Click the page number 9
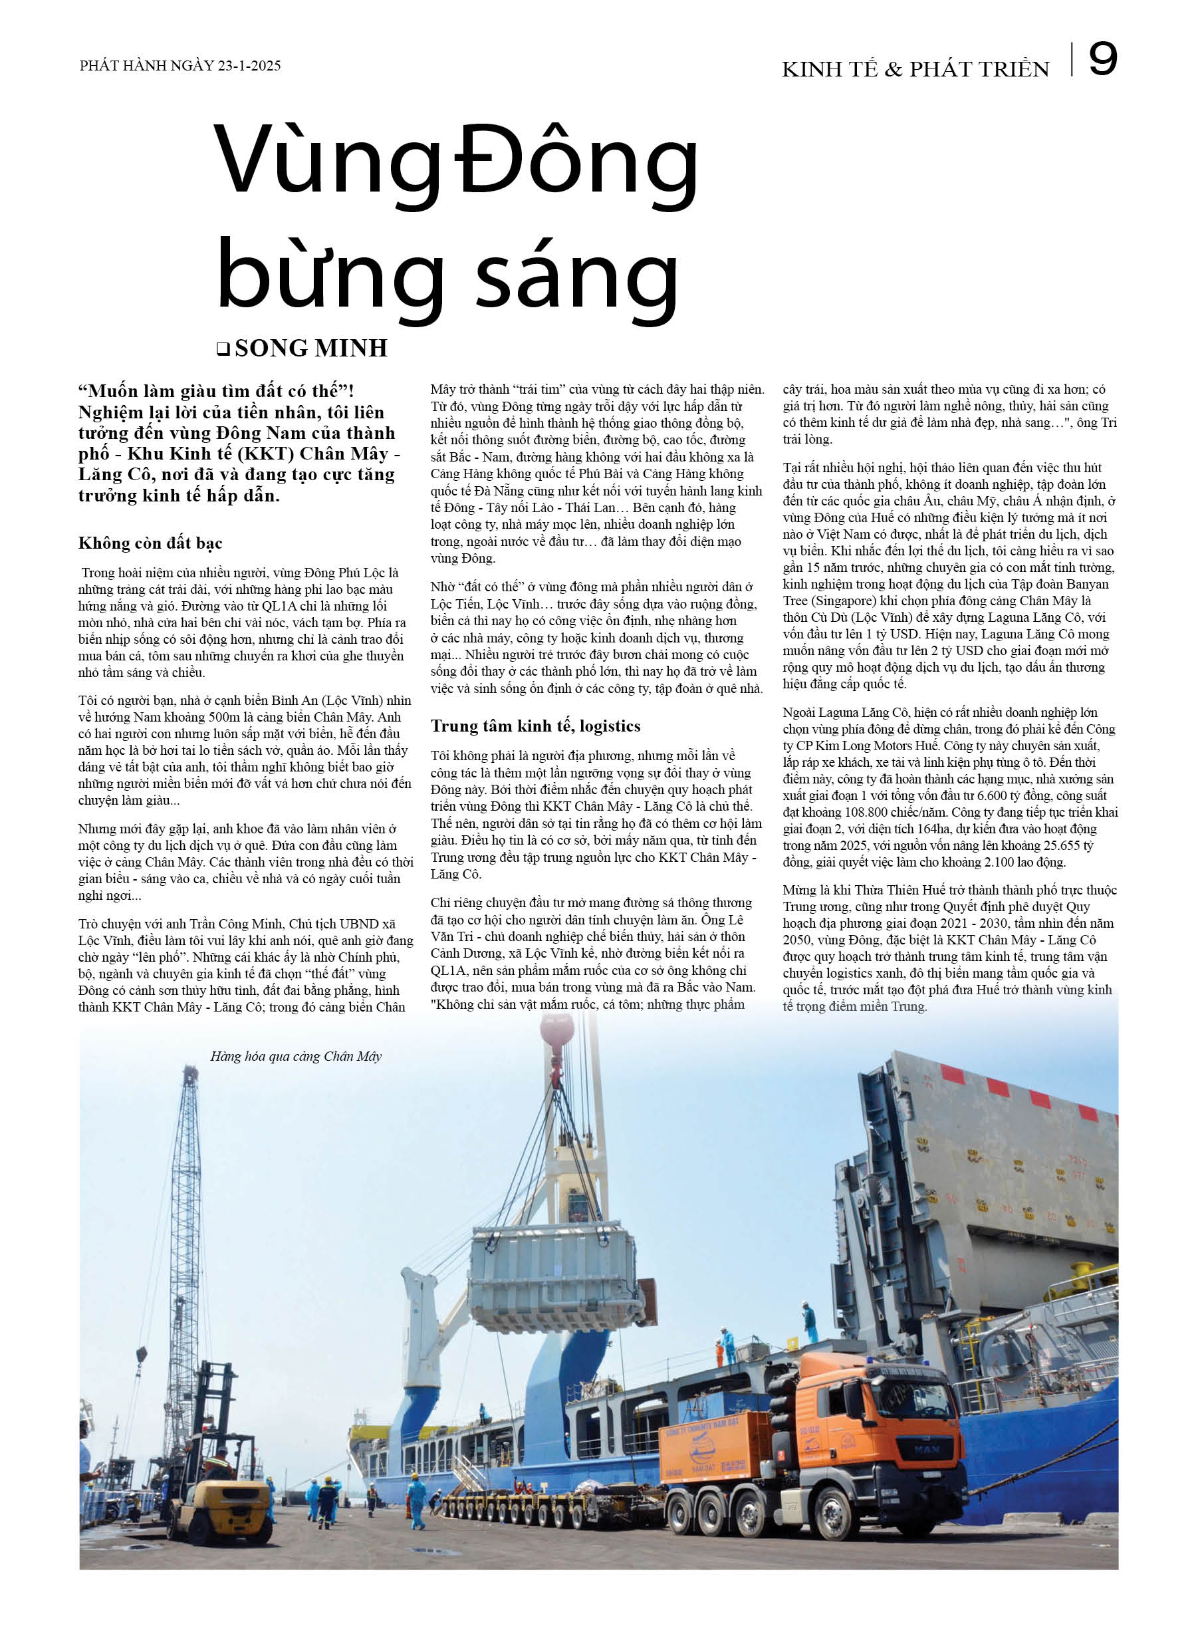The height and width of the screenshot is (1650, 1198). point(1102,60)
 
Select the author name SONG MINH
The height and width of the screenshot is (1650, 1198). point(310,348)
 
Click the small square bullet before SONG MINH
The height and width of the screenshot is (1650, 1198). point(223,349)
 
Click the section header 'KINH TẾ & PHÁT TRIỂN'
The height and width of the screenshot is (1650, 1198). point(915,69)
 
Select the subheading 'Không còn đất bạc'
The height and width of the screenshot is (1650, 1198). point(150,543)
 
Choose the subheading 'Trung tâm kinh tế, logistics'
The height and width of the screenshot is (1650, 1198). point(535,726)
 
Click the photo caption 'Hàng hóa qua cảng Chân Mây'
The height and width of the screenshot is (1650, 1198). point(295,1056)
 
